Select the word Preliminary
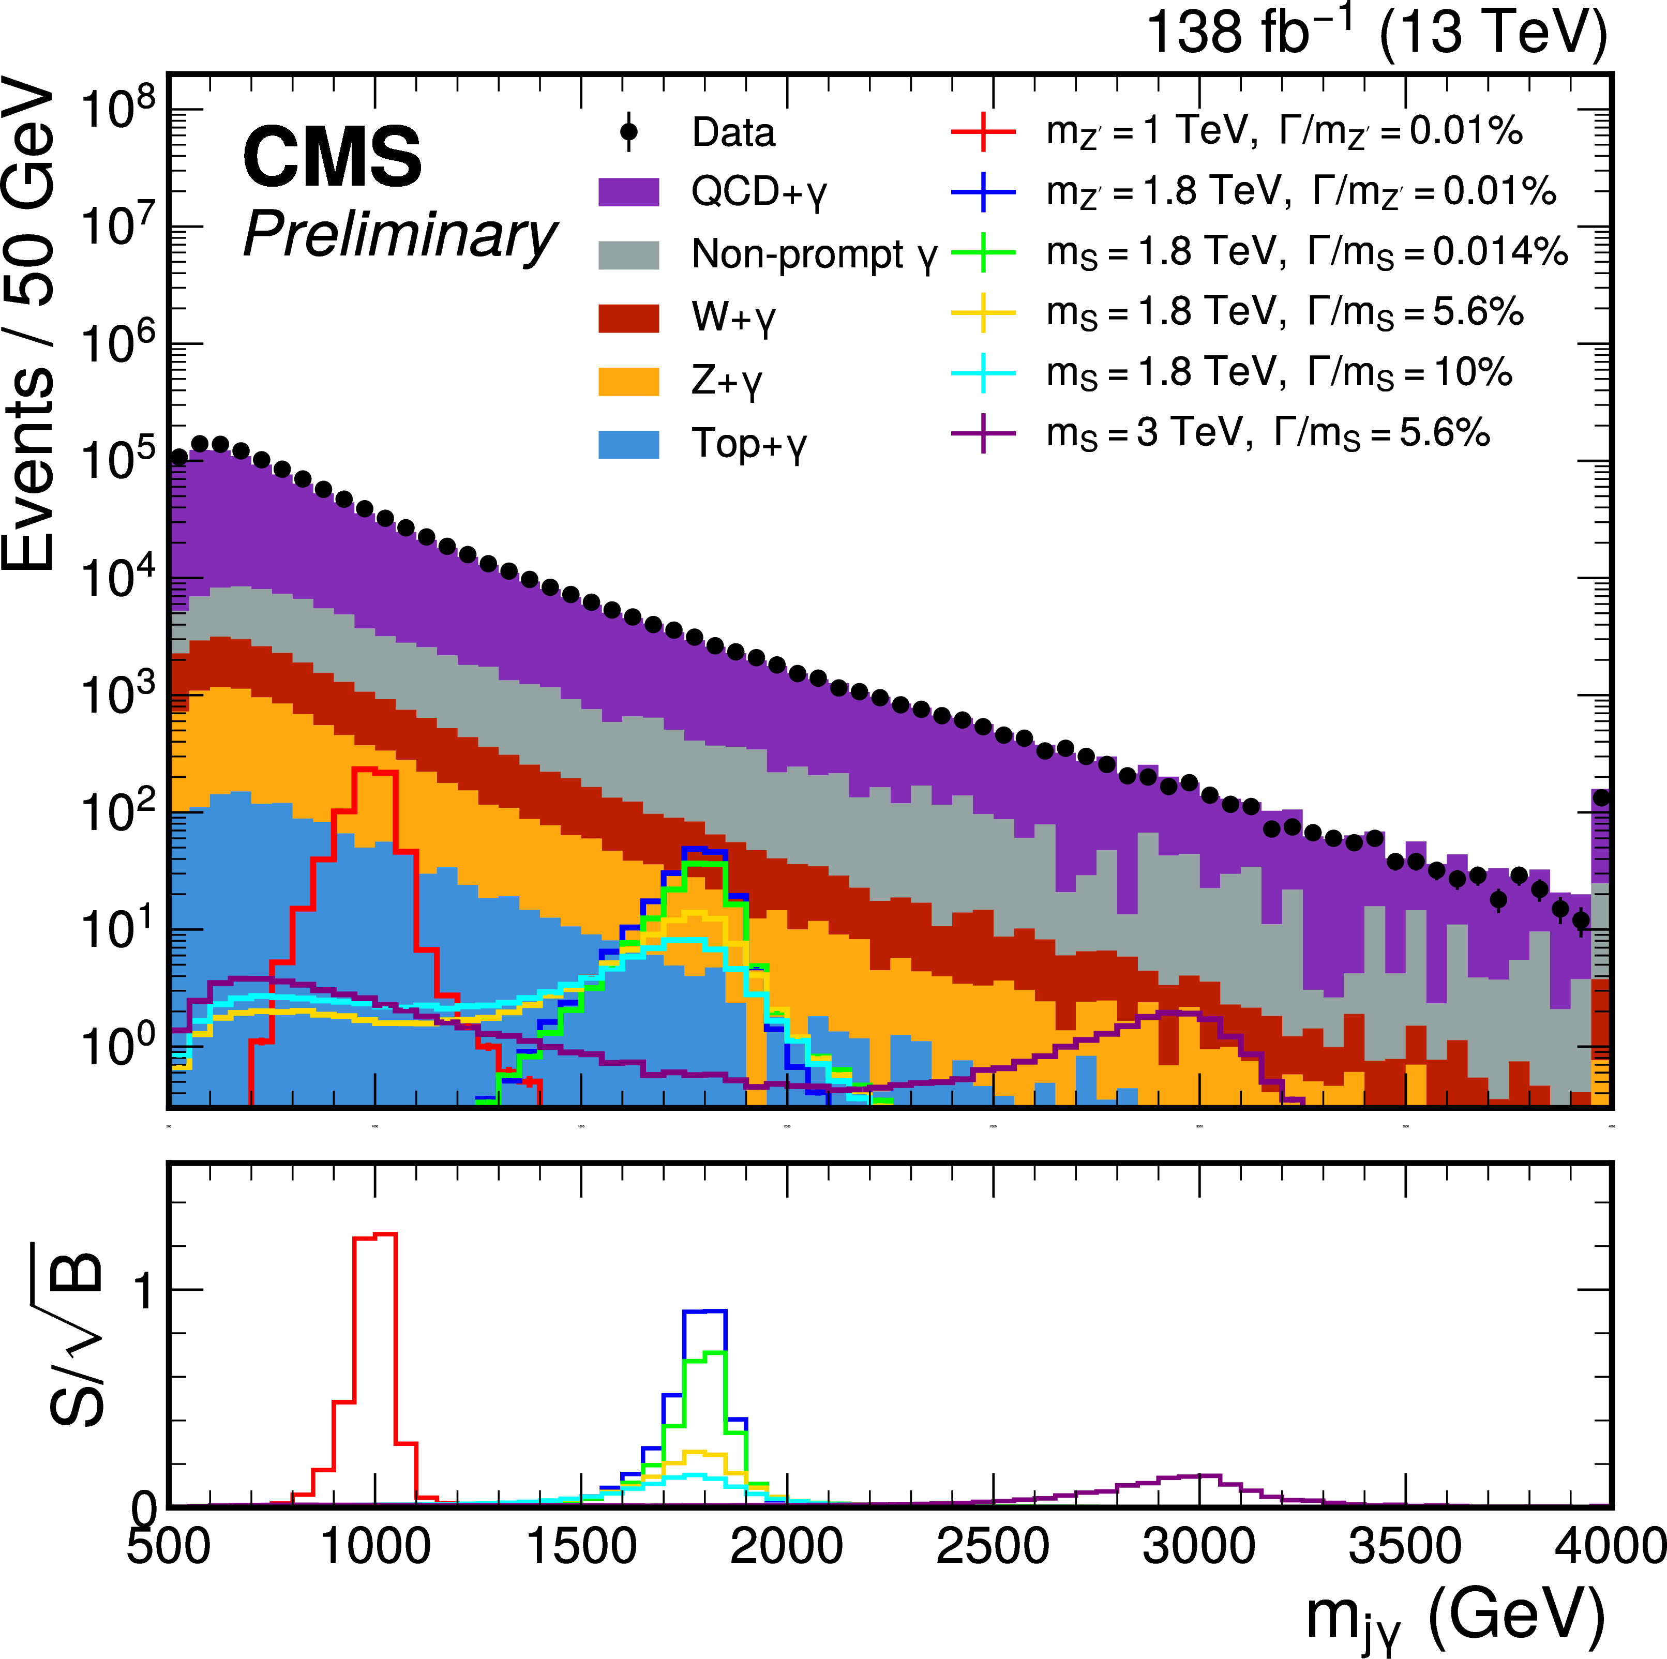tap(399, 235)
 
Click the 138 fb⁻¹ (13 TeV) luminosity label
tap(1376, 33)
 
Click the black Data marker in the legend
tap(629, 132)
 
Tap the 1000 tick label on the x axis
tap(374, 1546)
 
